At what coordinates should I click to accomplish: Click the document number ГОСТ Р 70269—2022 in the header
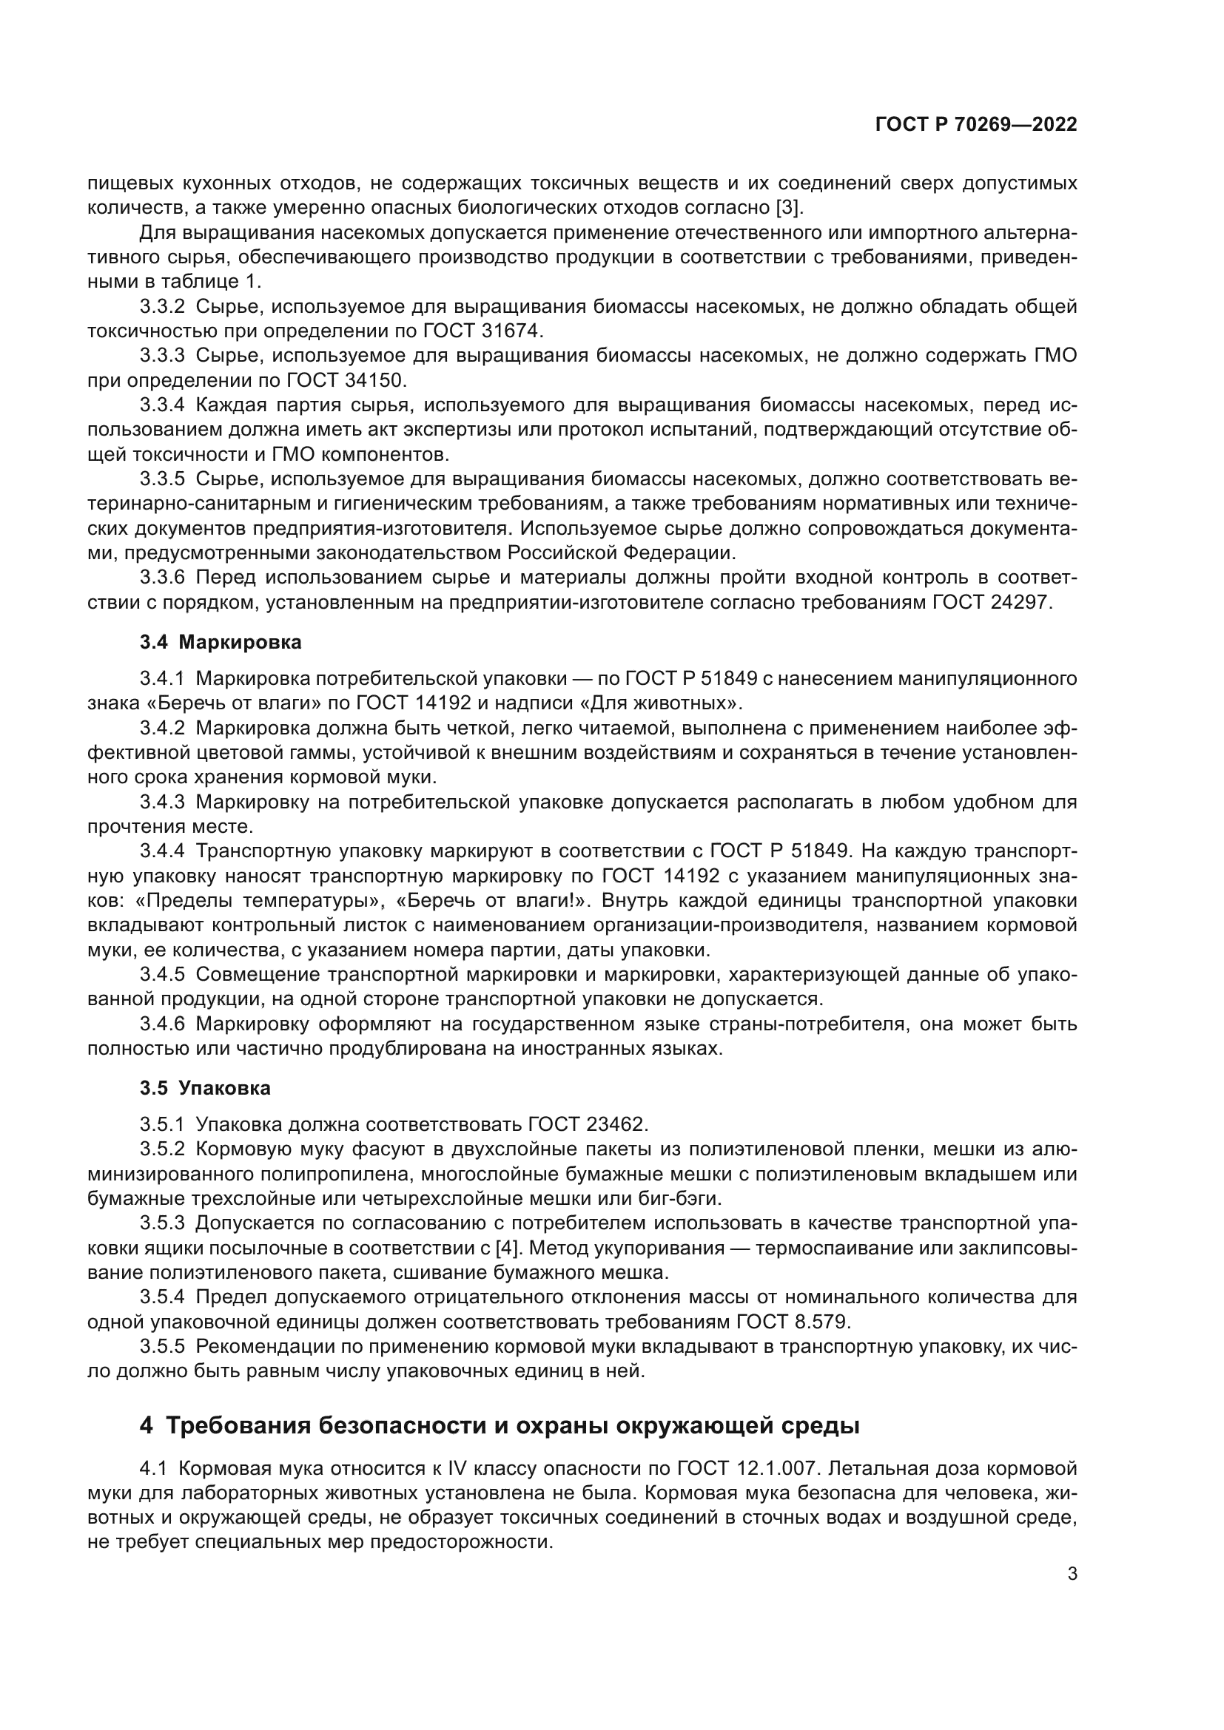pyautogui.click(x=975, y=125)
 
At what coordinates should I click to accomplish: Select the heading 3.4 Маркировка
pyautogui.click(x=220, y=642)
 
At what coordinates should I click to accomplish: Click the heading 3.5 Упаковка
pyautogui.click(x=205, y=1088)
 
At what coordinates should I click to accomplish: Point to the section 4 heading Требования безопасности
pyautogui.click(x=499, y=1426)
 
